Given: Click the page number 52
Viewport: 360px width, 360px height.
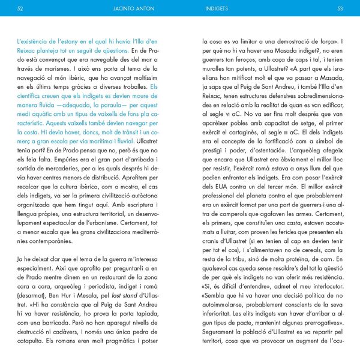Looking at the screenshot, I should [x=20, y=9].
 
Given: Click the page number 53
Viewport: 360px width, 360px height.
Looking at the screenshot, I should [x=340, y=9].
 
